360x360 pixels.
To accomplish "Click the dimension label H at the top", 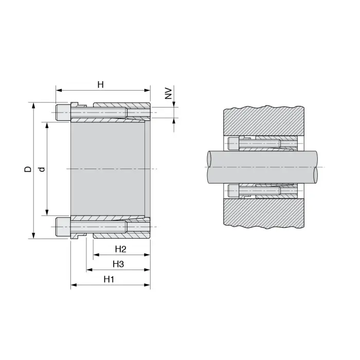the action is [101, 85].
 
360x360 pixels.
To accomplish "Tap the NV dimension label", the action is [169, 93].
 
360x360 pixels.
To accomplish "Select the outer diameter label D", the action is [28, 169].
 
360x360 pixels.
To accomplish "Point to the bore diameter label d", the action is [42, 169].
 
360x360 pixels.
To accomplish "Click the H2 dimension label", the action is [120, 249].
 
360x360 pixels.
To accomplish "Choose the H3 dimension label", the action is [118, 264].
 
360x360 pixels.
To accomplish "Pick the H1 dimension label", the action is [109, 279].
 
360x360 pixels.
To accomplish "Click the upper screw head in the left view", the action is [63, 113].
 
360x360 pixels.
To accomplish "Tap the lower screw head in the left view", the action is [63, 227].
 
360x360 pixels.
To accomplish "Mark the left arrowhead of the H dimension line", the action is [59, 91].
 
